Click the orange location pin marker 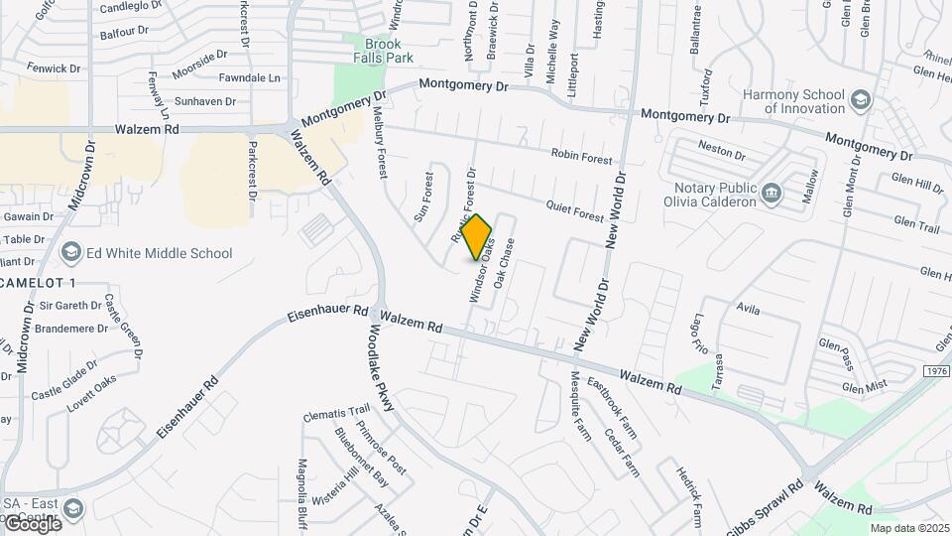477,236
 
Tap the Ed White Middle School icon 71,253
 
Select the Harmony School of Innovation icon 859,100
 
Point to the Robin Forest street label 582,157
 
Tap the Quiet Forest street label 574,209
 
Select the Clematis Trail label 336,411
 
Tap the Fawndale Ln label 250,76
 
